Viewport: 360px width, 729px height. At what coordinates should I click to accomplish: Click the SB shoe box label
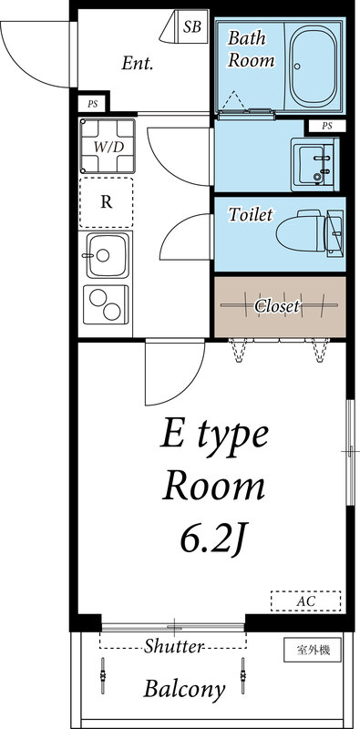192,27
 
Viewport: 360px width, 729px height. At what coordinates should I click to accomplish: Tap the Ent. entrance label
137,64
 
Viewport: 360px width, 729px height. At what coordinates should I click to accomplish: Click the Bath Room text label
251,50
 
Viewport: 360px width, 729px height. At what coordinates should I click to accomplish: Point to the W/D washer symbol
107,146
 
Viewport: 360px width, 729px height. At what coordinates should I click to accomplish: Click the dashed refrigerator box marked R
107,202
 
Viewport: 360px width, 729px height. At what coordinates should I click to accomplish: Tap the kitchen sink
107,255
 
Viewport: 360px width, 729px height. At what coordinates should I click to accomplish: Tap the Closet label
277,306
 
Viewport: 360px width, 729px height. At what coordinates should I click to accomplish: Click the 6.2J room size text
213,541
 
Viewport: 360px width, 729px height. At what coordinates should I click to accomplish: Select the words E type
215,435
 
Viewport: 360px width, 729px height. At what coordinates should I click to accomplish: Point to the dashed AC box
305,601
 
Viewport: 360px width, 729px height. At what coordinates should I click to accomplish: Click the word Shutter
172,646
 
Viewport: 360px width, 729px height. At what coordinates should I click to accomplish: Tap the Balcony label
183,690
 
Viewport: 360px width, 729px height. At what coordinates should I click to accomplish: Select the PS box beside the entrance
93,104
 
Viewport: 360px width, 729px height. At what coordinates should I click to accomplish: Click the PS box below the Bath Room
325,126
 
